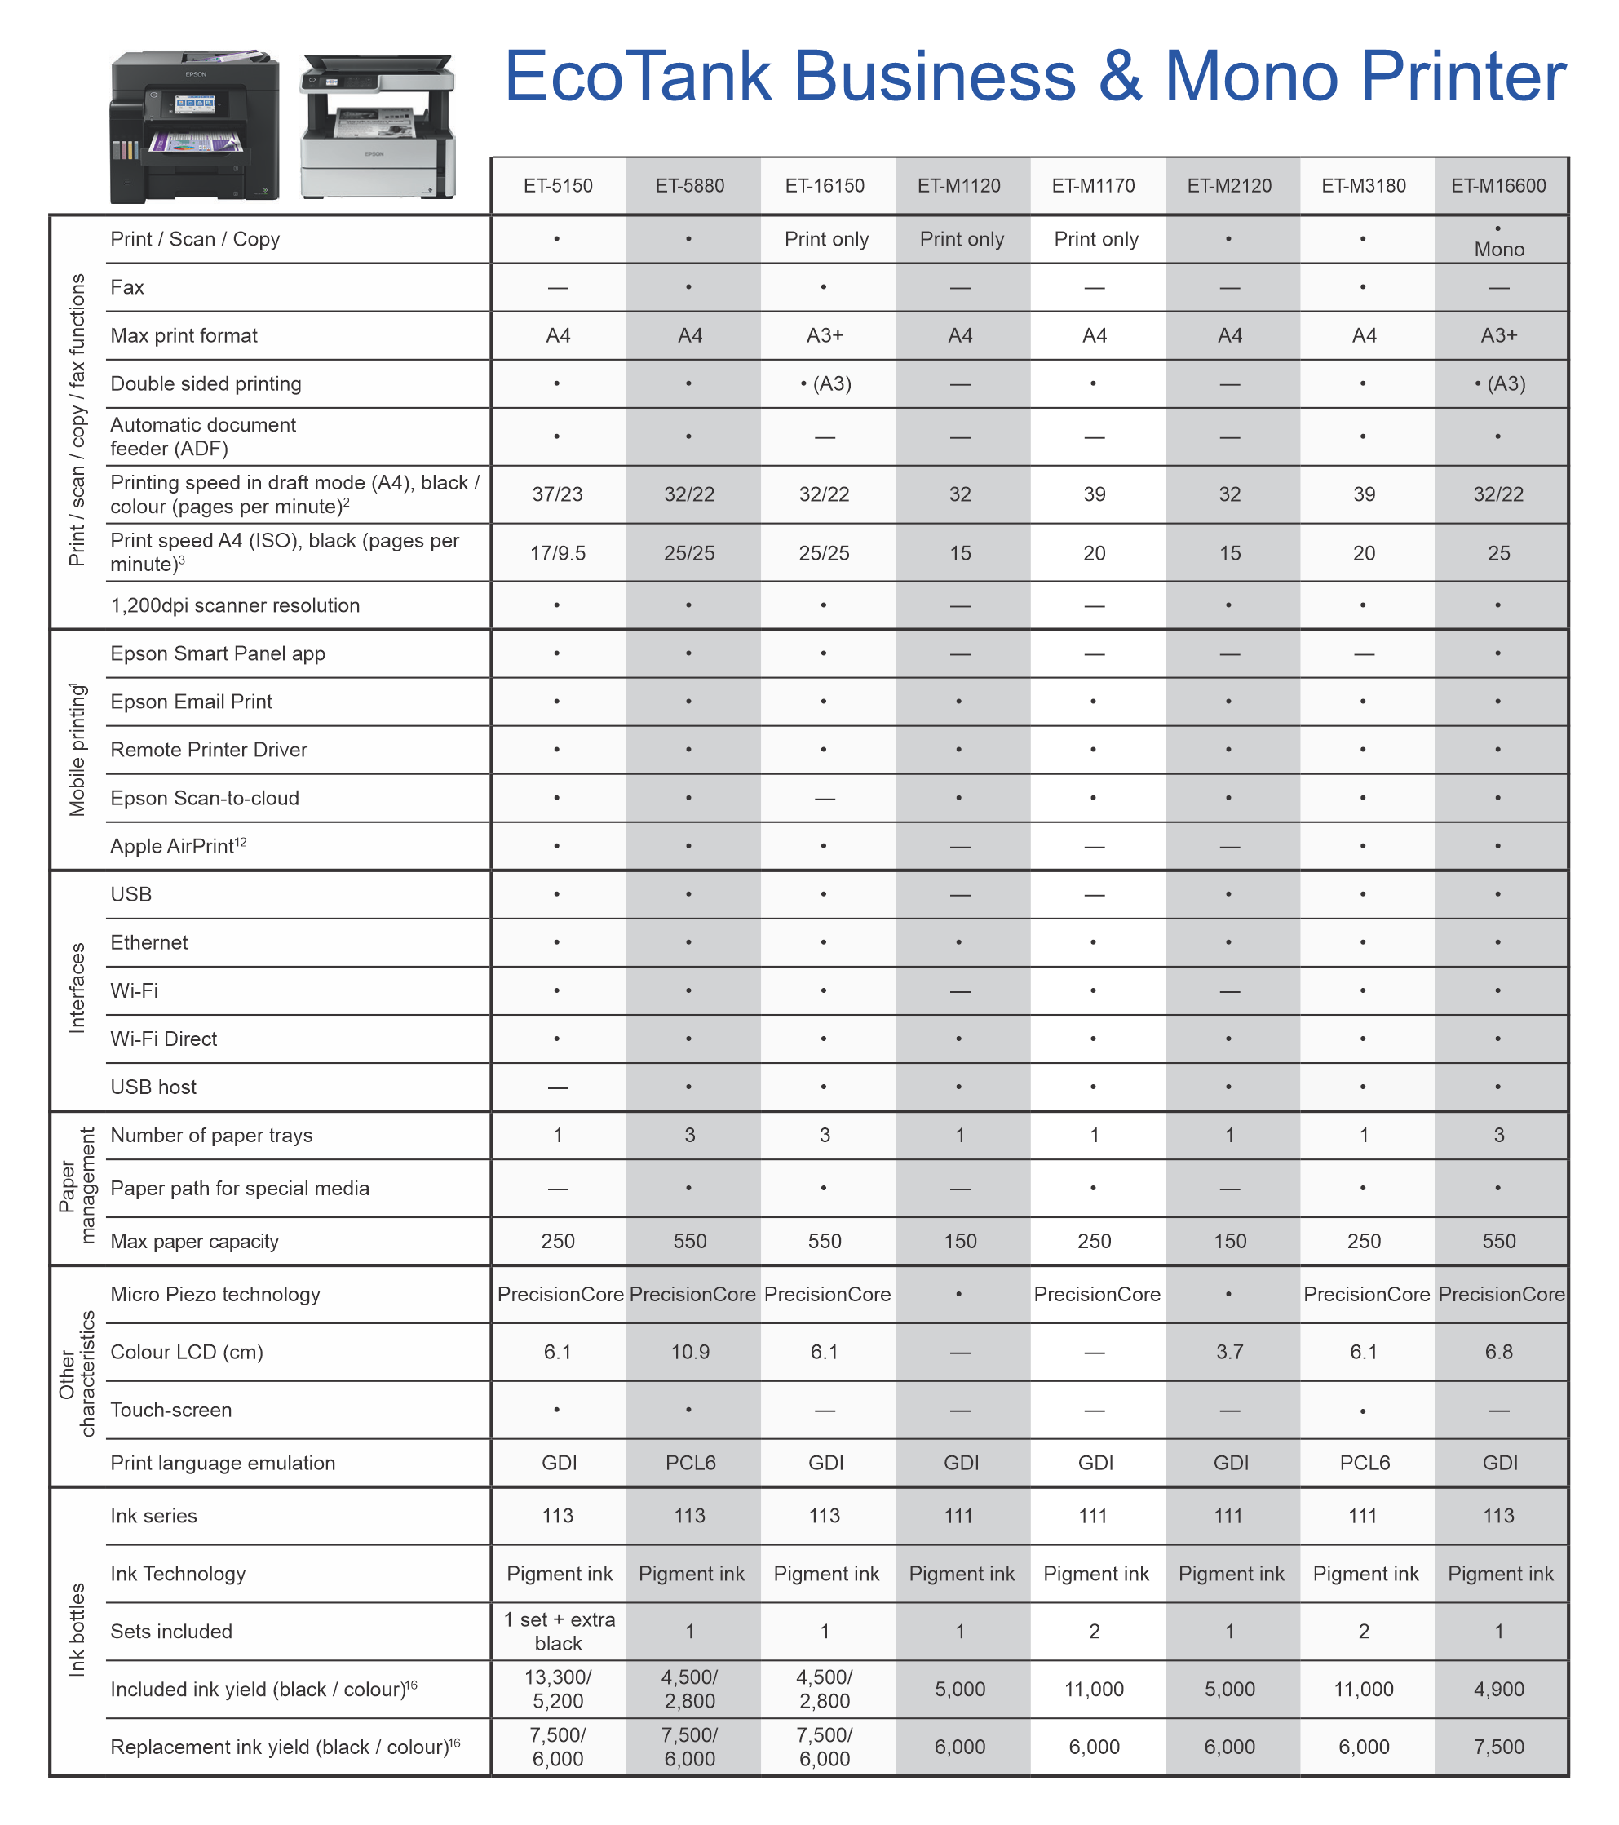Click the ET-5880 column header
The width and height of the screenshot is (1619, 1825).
(x=690, y=186)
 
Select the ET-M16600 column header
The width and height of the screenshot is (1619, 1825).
(x=1498, y=186)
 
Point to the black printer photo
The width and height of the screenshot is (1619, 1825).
(x=195, y=126)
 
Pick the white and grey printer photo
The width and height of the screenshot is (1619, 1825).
(x=378, y=126)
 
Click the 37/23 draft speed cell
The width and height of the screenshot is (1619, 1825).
(x=558, y=494)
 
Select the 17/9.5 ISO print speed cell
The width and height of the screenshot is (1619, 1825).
(x=558, y=554)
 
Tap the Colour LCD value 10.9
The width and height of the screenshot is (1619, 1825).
(x=690, y=1352)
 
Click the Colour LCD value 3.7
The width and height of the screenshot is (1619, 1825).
(x=1230, y=1352)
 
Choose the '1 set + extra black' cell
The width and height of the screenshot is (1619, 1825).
(x=559, y=1632)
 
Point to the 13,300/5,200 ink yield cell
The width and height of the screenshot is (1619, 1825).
(x=558, y=1690)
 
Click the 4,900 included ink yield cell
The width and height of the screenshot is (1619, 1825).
(x=1498, y=1690)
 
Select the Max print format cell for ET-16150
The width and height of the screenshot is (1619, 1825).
(x=825, y=336)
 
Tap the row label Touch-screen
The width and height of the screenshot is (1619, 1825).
(x=171, y=1410)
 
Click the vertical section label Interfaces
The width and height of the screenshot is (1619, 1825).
(x=77, y=989)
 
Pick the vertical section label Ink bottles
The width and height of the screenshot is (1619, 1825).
(x=77, y=1630)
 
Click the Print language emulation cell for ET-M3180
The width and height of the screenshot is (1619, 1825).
(x=1365, y=1463)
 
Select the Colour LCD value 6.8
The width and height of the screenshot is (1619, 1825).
(x=1498, y=1352)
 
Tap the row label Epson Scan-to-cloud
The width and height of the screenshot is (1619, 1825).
(x=205, y=798)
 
